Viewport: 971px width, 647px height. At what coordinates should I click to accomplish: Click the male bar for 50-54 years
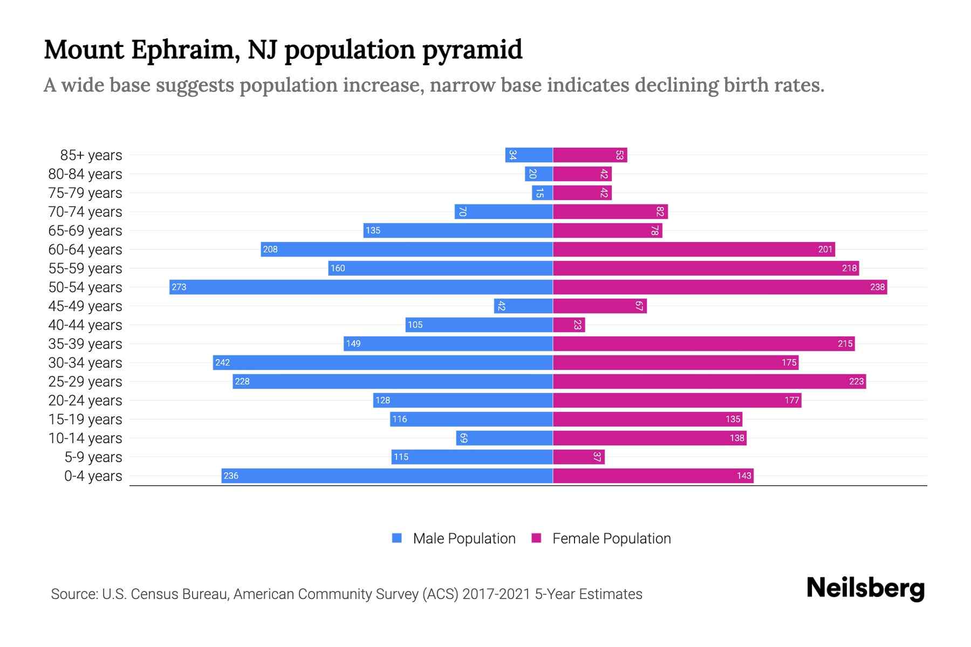tap(361, 287)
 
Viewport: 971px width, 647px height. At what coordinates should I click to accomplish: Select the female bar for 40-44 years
tap(569, 325)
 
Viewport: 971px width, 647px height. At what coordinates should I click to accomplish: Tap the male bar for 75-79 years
tap(542, 193)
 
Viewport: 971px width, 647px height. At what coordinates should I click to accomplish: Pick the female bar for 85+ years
tap(590, 155)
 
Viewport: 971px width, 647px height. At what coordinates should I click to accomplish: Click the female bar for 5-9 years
tap(578, 457)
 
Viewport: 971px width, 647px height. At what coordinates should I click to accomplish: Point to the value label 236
tap(231, 476)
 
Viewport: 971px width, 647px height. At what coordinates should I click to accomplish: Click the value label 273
tap(179, 287)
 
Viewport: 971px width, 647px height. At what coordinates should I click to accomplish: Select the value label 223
tap(856, 381)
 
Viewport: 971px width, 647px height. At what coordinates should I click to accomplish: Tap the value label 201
tap(825, 249)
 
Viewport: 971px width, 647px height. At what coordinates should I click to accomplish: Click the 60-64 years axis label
tap(85, 250)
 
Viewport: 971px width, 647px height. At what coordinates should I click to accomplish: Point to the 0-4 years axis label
tap(93, 476)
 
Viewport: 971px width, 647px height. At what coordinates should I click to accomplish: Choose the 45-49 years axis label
tap(85, 306)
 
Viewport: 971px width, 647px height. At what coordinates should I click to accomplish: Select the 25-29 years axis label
tap(85, 382)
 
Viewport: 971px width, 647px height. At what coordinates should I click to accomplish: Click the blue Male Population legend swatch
tap(397, 538)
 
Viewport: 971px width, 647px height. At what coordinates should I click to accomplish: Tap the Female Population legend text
tap(611, 539)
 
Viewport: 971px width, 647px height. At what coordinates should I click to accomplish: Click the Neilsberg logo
tap(865, 588)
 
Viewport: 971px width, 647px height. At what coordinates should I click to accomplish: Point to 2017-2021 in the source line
tap(496, 594)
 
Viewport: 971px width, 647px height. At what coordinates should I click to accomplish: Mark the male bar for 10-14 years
tap(504, 438)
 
